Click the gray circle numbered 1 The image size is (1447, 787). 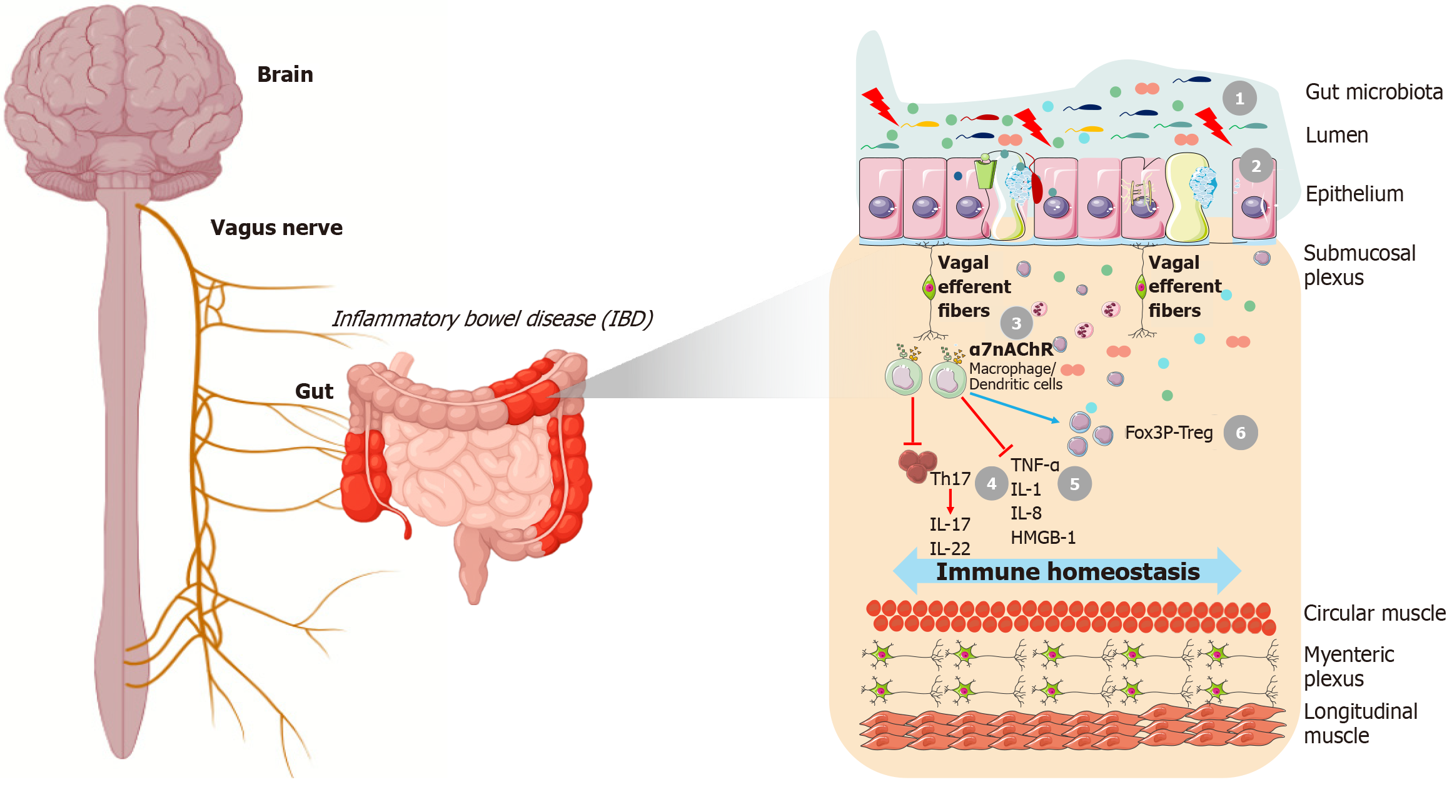(1239, 98)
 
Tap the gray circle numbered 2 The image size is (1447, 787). (1256, 166)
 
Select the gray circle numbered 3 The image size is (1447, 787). (1016, 323)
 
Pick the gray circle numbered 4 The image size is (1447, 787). (992, 484)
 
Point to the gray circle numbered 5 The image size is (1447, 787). (1074, 484)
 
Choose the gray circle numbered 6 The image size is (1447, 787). (1241, 433)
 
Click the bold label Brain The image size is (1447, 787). (285, 74)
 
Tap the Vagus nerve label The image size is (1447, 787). (276, 228)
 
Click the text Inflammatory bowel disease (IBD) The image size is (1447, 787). (492, 319)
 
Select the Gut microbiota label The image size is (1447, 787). (1374, 92)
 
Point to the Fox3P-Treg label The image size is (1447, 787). (1168, 433)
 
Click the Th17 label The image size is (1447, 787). (950, 479)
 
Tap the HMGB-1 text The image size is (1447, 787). (1043, 538)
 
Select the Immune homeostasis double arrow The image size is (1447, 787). (1067, 571)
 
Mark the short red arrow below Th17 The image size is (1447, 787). (950, 501)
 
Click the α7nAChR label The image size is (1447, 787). (1011, 349)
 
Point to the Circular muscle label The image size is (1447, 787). (1374, 613)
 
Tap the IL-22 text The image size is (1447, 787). (950, 549)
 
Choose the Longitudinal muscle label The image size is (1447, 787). (1360, 723)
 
